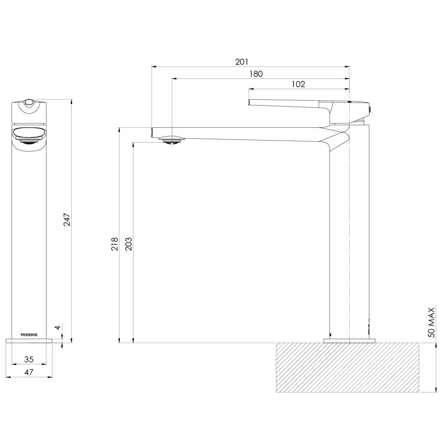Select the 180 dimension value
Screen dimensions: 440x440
click(x=256, y=73)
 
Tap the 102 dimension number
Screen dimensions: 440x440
click(x=298, y=84)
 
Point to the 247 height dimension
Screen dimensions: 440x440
click(x=67, y=220)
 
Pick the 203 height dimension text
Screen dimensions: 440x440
click(x=128, y=244)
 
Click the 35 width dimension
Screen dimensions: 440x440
click(x=29, y=359)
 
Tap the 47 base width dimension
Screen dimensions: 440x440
click(x=29, y=372)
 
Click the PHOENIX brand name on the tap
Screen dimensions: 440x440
click(x=29, y=334)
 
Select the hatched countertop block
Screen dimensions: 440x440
click(x=347, y=367)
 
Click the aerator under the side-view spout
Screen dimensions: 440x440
click(x=172, y=140)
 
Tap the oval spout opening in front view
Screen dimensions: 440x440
click(x=29, y=134)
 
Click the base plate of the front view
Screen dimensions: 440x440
click(x=29, y=340)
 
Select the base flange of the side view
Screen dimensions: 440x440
click(x=349, y=341)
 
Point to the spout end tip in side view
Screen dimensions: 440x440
click(x=153, y=132)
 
